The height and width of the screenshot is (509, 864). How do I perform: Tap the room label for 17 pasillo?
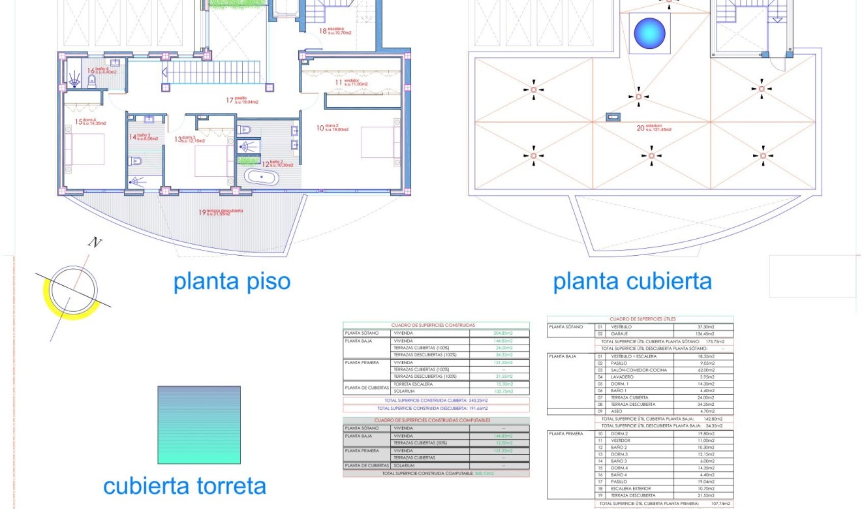tap(242, 101)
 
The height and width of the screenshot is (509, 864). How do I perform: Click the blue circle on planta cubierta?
tap(650, 33)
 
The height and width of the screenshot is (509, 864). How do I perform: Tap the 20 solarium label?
tap(654, 128)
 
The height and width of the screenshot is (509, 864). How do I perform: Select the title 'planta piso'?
tap(231, 281)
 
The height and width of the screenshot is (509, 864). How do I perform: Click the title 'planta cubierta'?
tap(632, 281)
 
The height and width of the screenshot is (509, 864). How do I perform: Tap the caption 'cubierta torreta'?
tap(185, 486)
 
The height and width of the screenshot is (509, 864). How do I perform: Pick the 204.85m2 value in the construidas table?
tap(499, 333)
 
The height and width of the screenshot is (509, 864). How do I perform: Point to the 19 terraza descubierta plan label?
tap(221, 212)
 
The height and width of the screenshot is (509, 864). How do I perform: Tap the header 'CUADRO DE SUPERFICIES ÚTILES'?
tap(640, 319)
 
